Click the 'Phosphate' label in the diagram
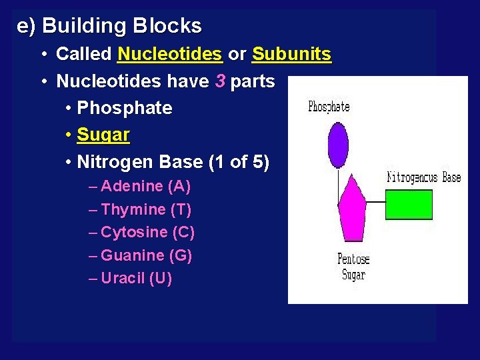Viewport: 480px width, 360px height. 329,107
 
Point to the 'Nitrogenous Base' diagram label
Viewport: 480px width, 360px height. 424,177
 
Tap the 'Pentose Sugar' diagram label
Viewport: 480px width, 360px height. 353,267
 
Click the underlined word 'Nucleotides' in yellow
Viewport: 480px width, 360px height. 169,54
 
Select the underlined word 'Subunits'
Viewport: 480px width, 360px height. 291,54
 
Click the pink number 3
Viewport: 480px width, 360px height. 221,81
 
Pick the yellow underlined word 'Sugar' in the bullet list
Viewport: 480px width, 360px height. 103,135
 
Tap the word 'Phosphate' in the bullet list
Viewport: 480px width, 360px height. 125,108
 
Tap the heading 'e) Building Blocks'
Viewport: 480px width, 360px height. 109,26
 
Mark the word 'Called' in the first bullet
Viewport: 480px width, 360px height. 84,54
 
